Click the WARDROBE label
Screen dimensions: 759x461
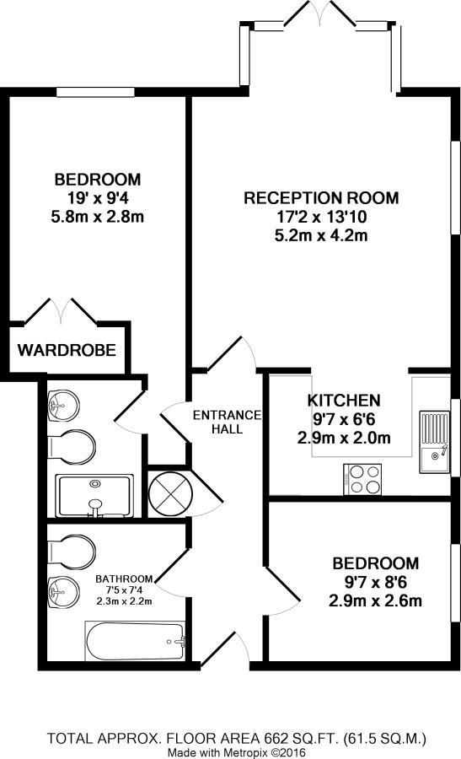67,349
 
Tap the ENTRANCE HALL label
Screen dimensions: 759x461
228,422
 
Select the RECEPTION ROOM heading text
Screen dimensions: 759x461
320,198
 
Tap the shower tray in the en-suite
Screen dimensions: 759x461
94,496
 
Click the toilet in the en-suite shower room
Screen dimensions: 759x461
70,446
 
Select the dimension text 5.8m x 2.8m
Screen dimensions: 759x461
97,217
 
